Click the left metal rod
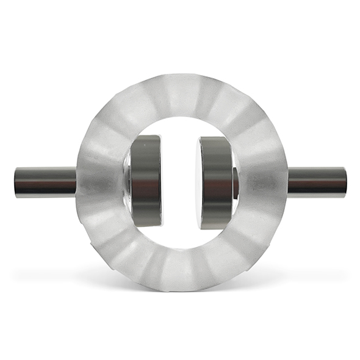pyautogui.click(x=46, y=182)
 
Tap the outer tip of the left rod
pyautogui.click(x=16, y=182)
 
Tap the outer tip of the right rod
pyautogui.click(x=345, y=182)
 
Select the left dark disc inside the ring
pyautogui.click(x=146, y=181)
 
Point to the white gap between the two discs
pyautogui.click(x=180, y=182)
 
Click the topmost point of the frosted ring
pyautogui.click(x=181, y=74)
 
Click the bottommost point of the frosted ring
pyautogui.click(x=181, y=291)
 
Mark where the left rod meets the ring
pyautogui.click(x=77, y=182)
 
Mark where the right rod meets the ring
pyautogui.click(x=287, y=182)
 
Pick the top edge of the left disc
pyautogui.click(x=147, y=136)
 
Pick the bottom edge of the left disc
pyautogui.click(x=147, y=226)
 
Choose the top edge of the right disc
pyautogui.click(x=215, y=137)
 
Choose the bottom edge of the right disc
pyautogui.click(x=215, y=228)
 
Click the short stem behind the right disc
pyautogui.click(x=236, y=182)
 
